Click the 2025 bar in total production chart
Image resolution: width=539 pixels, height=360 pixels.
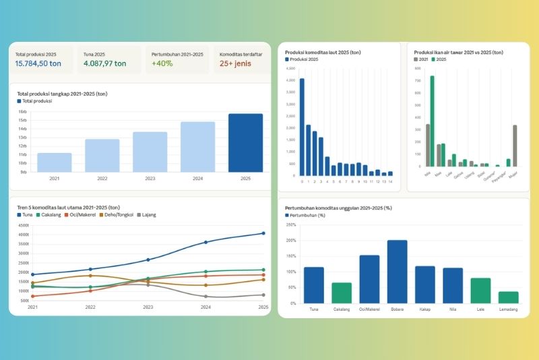pyautogui.click(x=245, y=142)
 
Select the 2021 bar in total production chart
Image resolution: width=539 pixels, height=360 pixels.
pyautogui.click(x=55, y=162)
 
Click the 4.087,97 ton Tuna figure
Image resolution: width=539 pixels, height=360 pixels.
pyautogui.click(x=105, y=64)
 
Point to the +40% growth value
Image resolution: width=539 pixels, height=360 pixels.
pyautogui.click(x=163, y=64)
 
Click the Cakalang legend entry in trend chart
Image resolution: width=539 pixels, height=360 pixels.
pyautogui.click(x=51, y=214)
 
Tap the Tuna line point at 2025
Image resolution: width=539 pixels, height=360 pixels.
pyautogui.click(x=263, y=233)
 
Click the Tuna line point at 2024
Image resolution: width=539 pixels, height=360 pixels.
pyautogui.click(x=206, y=242)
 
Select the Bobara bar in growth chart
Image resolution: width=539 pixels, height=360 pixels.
pyautogui.click(x=397, y=271)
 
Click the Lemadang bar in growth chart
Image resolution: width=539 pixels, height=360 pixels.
pyautogui.click(x=509, y=297)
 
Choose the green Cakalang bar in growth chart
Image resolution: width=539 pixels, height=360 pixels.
pyautogui.click(x=342, y=293)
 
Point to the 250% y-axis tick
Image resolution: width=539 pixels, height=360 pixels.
pyautogui.click(x=290, y=224)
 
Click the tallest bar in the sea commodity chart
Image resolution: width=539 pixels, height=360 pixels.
pyautogui.click(x=302, y=127)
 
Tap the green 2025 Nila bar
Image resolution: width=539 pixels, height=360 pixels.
pyautogui.click(x=432, y=121)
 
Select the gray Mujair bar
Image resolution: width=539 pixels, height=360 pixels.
pyautogui.click(x=515, y=145)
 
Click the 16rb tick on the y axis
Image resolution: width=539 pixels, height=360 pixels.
pyautogui.click(x=22, y=112)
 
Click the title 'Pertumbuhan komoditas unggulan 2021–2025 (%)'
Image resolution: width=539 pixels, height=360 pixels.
pyautogui.click(x=338, y=208)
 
